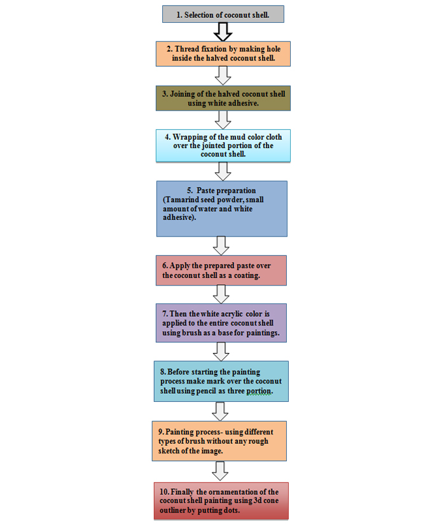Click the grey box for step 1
click(223, 14)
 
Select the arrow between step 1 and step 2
click(223, 32)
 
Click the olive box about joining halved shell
click(223, 98)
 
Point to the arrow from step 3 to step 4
click(223, 120)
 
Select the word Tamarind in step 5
click(182, 200)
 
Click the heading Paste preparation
click(226, 191)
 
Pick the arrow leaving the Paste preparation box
click(221, 246)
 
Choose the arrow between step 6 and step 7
click(221, 294)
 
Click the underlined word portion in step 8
click(260, 391)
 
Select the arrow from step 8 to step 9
click(220, 411)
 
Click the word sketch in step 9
click(169, 450)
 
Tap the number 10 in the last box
click(165, 492)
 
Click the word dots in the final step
click(232, 510)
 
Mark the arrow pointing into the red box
click(220, 471)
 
